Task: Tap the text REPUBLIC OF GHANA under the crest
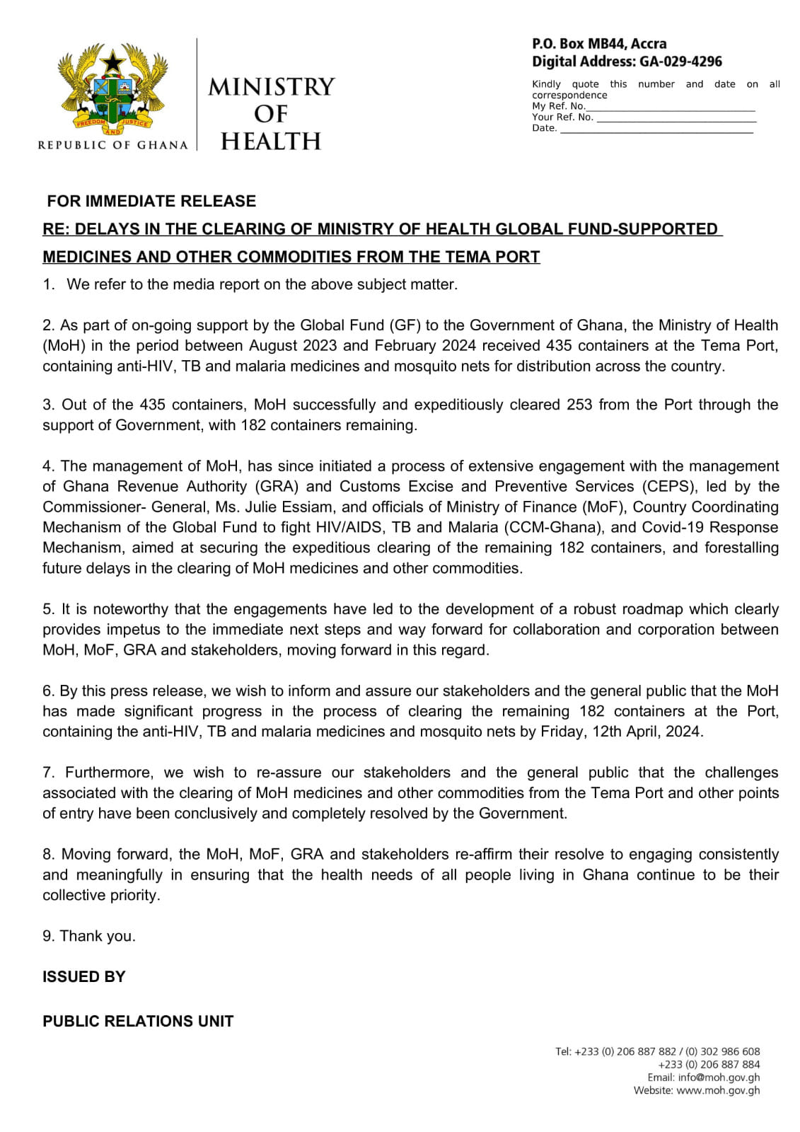(x=112, y=145)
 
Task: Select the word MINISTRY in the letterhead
(x=271, y=87)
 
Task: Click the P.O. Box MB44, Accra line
(x=599, y=44)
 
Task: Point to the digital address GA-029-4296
(x=680, y=62)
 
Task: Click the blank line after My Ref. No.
(x=670, y=107)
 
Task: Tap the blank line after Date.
(x=656, y=129)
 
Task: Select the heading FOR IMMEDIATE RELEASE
(x=151, y=201)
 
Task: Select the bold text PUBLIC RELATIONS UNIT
(x=138, y=1022)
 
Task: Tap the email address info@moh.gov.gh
(x=719, y=1078)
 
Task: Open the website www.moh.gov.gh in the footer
(x=718, y=1090)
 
